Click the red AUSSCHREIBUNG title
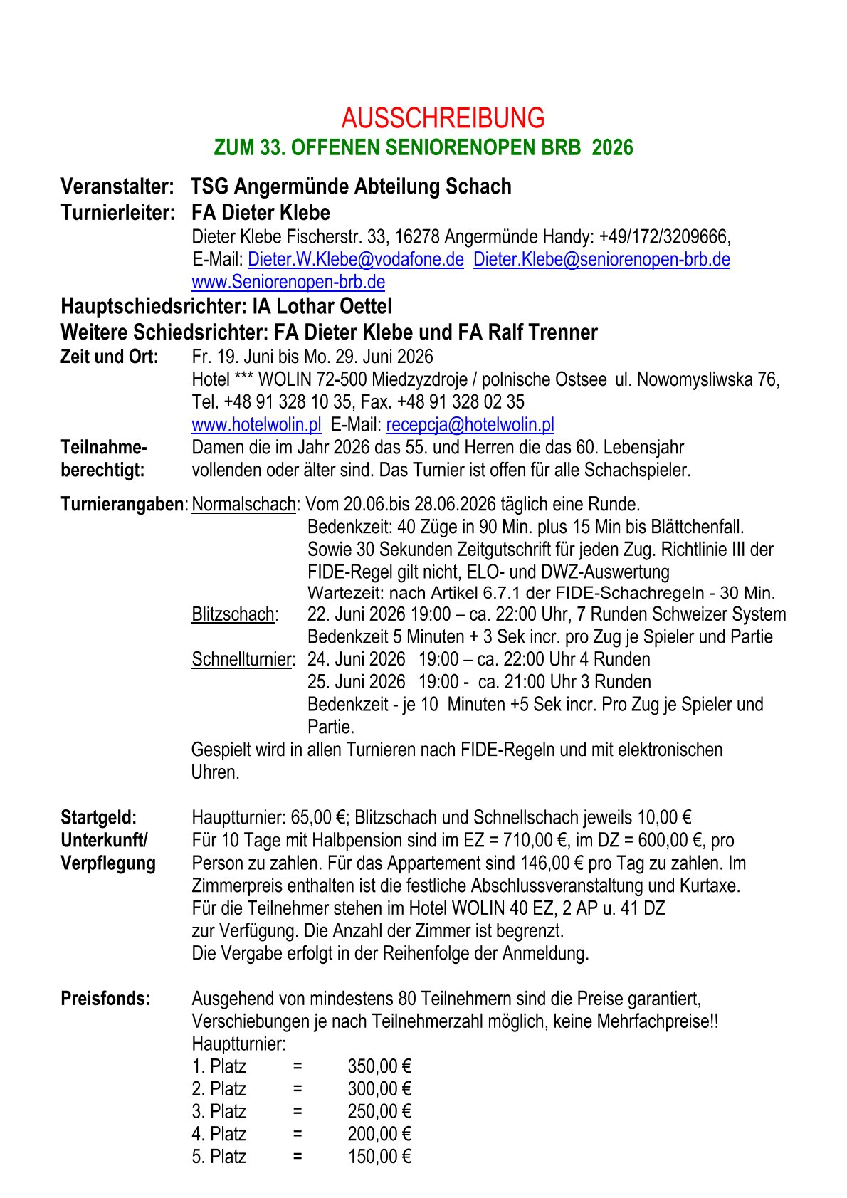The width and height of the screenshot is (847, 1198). [x=443, y=117]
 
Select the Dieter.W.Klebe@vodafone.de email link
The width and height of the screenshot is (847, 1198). [x=356, y=259]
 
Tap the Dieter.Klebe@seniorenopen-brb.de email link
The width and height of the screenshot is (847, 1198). [x=601, y=259]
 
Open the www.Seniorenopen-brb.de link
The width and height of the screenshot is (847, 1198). [x=288, y=282]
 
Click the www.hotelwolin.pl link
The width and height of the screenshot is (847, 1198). [x=256, y=425]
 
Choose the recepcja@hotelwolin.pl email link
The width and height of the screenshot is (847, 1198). [x=470, y=425]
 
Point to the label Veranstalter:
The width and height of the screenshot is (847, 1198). [x=117, y=186]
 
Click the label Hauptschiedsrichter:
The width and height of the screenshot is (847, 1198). [x=153, y=307]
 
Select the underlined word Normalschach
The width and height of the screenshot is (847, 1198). [x=243, y=505]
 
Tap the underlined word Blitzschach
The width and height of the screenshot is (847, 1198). [x=233, y=614]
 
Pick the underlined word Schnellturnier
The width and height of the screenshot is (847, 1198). [x=242, y=659]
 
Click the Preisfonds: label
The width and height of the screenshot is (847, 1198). [x=105, y=999]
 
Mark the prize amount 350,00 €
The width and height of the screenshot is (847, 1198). [x=379, y=1066]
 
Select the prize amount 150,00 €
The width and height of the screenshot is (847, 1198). [x=379, y=1157]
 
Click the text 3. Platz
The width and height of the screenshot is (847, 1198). [x=219, y=1111]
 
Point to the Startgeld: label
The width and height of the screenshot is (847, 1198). [x=98, y=817]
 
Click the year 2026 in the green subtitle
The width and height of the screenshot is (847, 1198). [x=612, y=147]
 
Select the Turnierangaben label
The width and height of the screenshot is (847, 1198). [x=122, y=505]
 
